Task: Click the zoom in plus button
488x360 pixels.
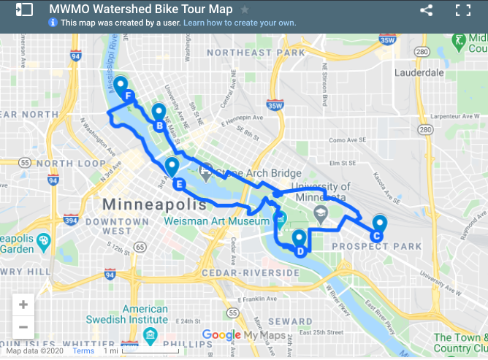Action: point(23,305)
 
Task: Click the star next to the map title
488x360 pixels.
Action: point(245,10)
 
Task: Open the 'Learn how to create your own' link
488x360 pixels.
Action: point(240,23)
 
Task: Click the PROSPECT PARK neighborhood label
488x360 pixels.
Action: point(376,247)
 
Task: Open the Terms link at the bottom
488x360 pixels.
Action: point(83,351)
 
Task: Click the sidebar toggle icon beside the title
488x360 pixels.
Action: point(23,10)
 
